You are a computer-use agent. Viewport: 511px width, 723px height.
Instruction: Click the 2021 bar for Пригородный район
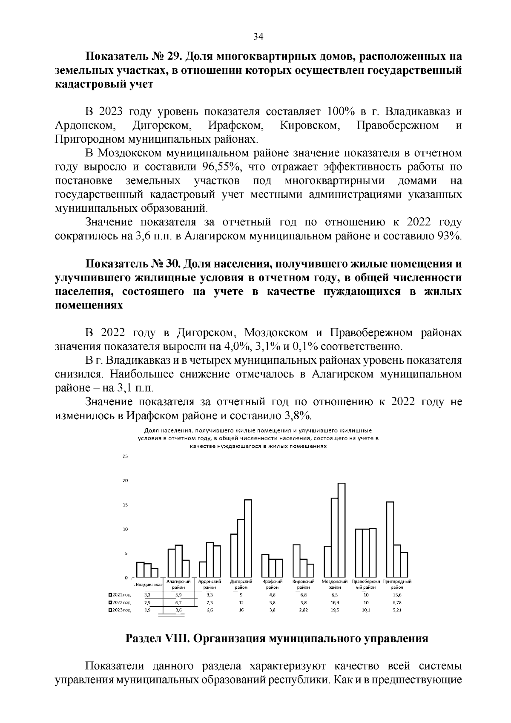(x=390, y=539)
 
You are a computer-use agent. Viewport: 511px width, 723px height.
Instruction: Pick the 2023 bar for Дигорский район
(x=248, y=538)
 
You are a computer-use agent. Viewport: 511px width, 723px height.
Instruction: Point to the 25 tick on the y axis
(x=125, y=456)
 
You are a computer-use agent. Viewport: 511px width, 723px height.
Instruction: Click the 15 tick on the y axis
(x=125, y=505)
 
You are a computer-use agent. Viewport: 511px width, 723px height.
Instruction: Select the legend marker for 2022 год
(x=110, y=602)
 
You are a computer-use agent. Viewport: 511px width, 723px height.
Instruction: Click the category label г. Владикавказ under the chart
(x=147, y=586)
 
